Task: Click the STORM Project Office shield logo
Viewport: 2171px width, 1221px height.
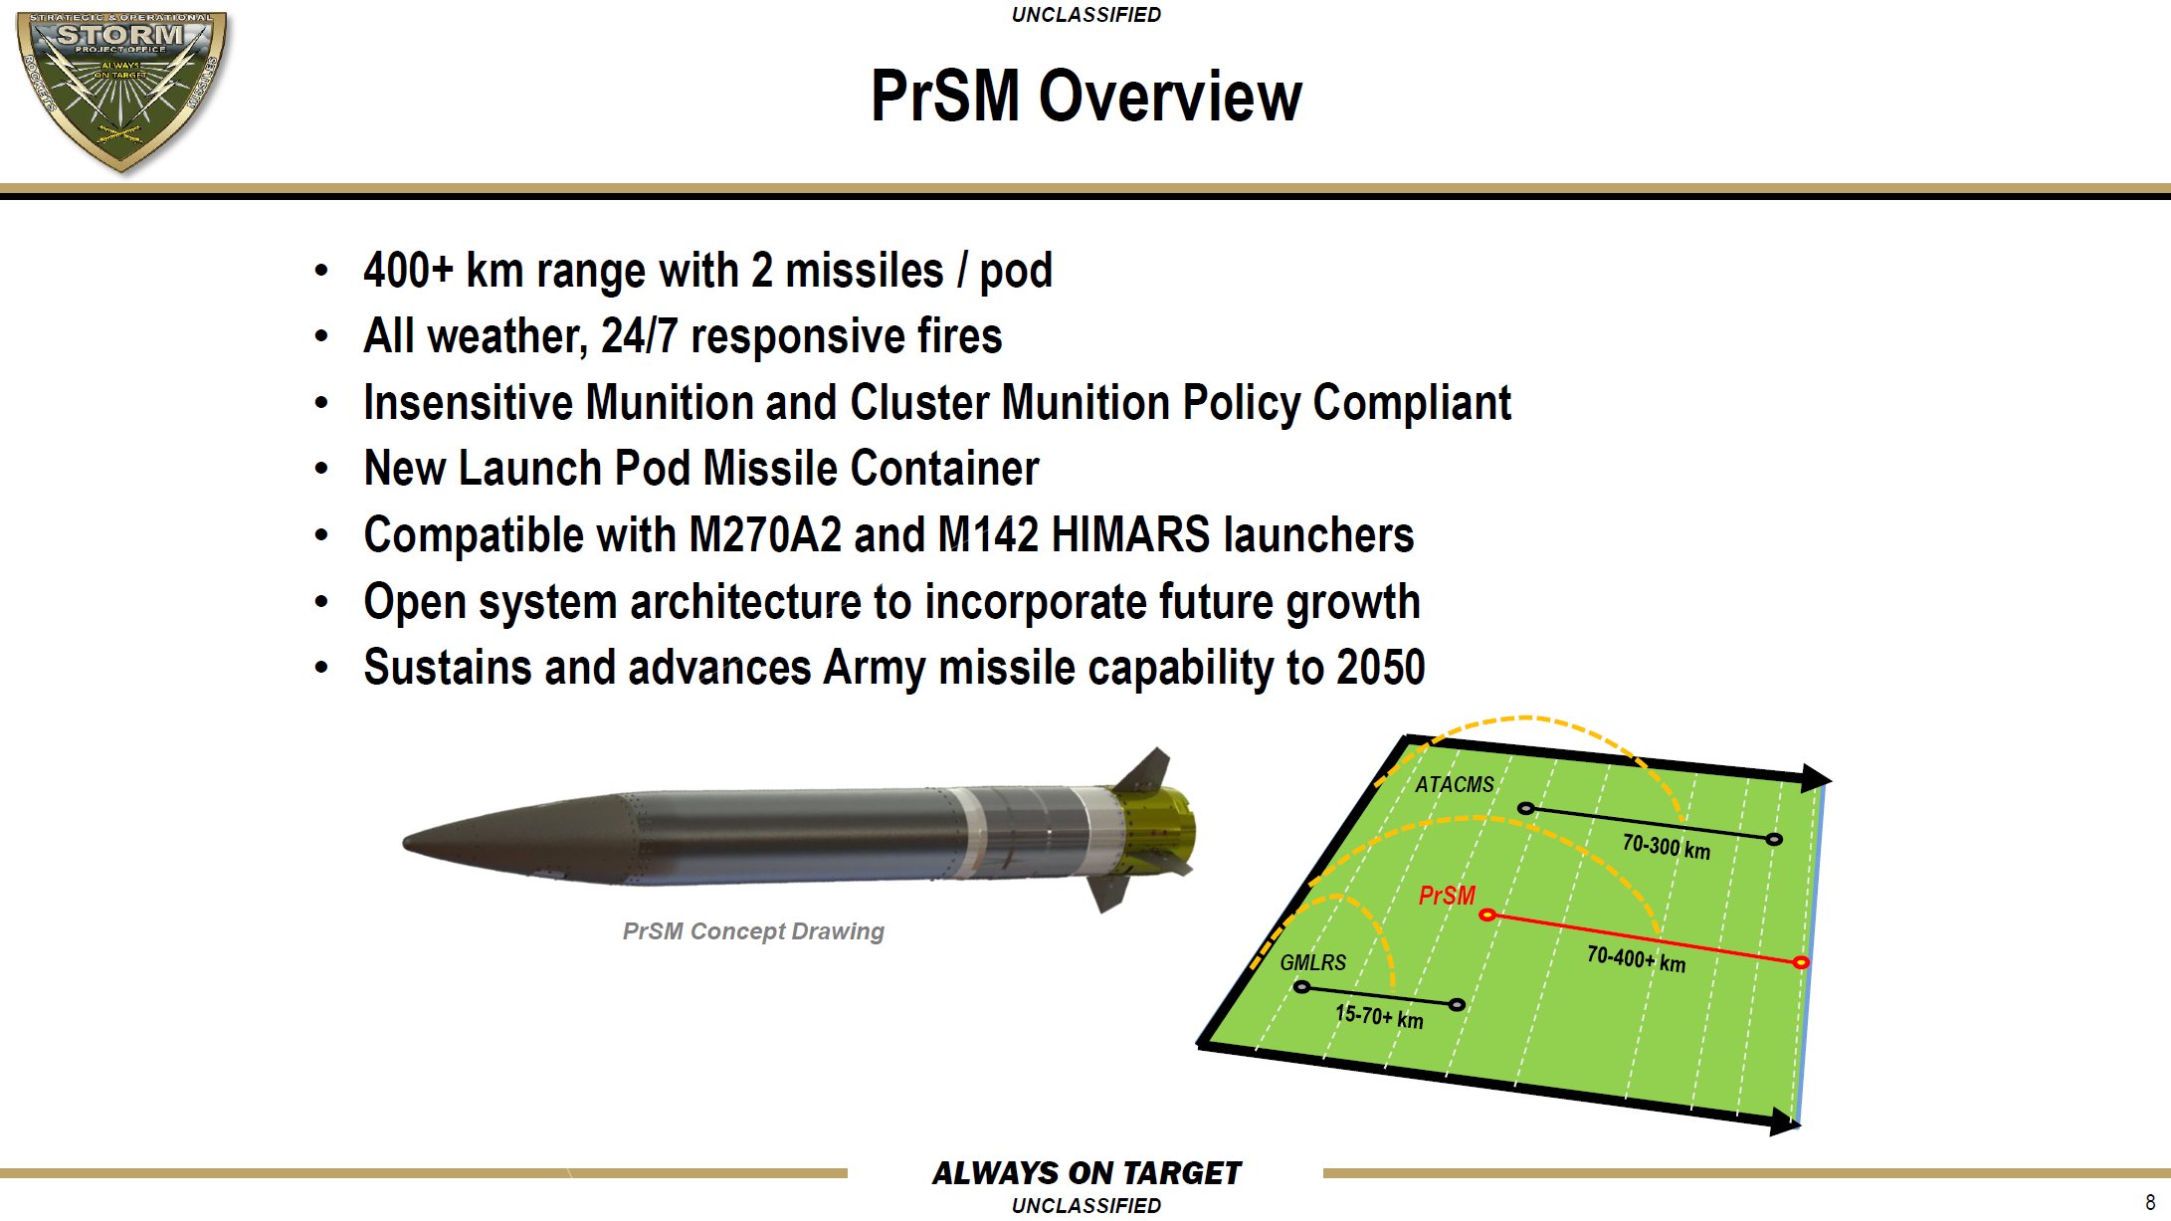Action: tap(121, 90)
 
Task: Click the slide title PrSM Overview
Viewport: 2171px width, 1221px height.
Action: tap(1085, 97)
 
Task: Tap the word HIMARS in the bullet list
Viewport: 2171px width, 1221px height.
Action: tap(1130, 535)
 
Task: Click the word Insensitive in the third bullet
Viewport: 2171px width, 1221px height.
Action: tap(468, 403)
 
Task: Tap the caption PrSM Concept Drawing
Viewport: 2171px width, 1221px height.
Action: tap(753, 931)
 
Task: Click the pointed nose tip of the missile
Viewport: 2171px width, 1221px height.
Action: tap(407, 843)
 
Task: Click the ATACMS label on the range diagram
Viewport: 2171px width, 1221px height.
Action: tap(1454, 785)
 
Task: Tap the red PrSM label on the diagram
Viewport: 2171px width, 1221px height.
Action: tap(1447, 896)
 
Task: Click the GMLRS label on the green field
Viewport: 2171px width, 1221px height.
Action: tap(1312, 962)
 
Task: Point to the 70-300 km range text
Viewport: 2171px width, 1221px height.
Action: tap(1666, 847)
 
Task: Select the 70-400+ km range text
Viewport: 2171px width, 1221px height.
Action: tap(1636, 959)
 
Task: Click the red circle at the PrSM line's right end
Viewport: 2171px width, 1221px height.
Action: tap(1800, 962)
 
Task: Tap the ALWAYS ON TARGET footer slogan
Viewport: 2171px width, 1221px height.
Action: tap(1085, 1173)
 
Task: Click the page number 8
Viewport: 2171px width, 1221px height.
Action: tap(2150, 1202)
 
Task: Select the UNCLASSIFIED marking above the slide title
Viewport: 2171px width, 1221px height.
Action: tap(1085, 15)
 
